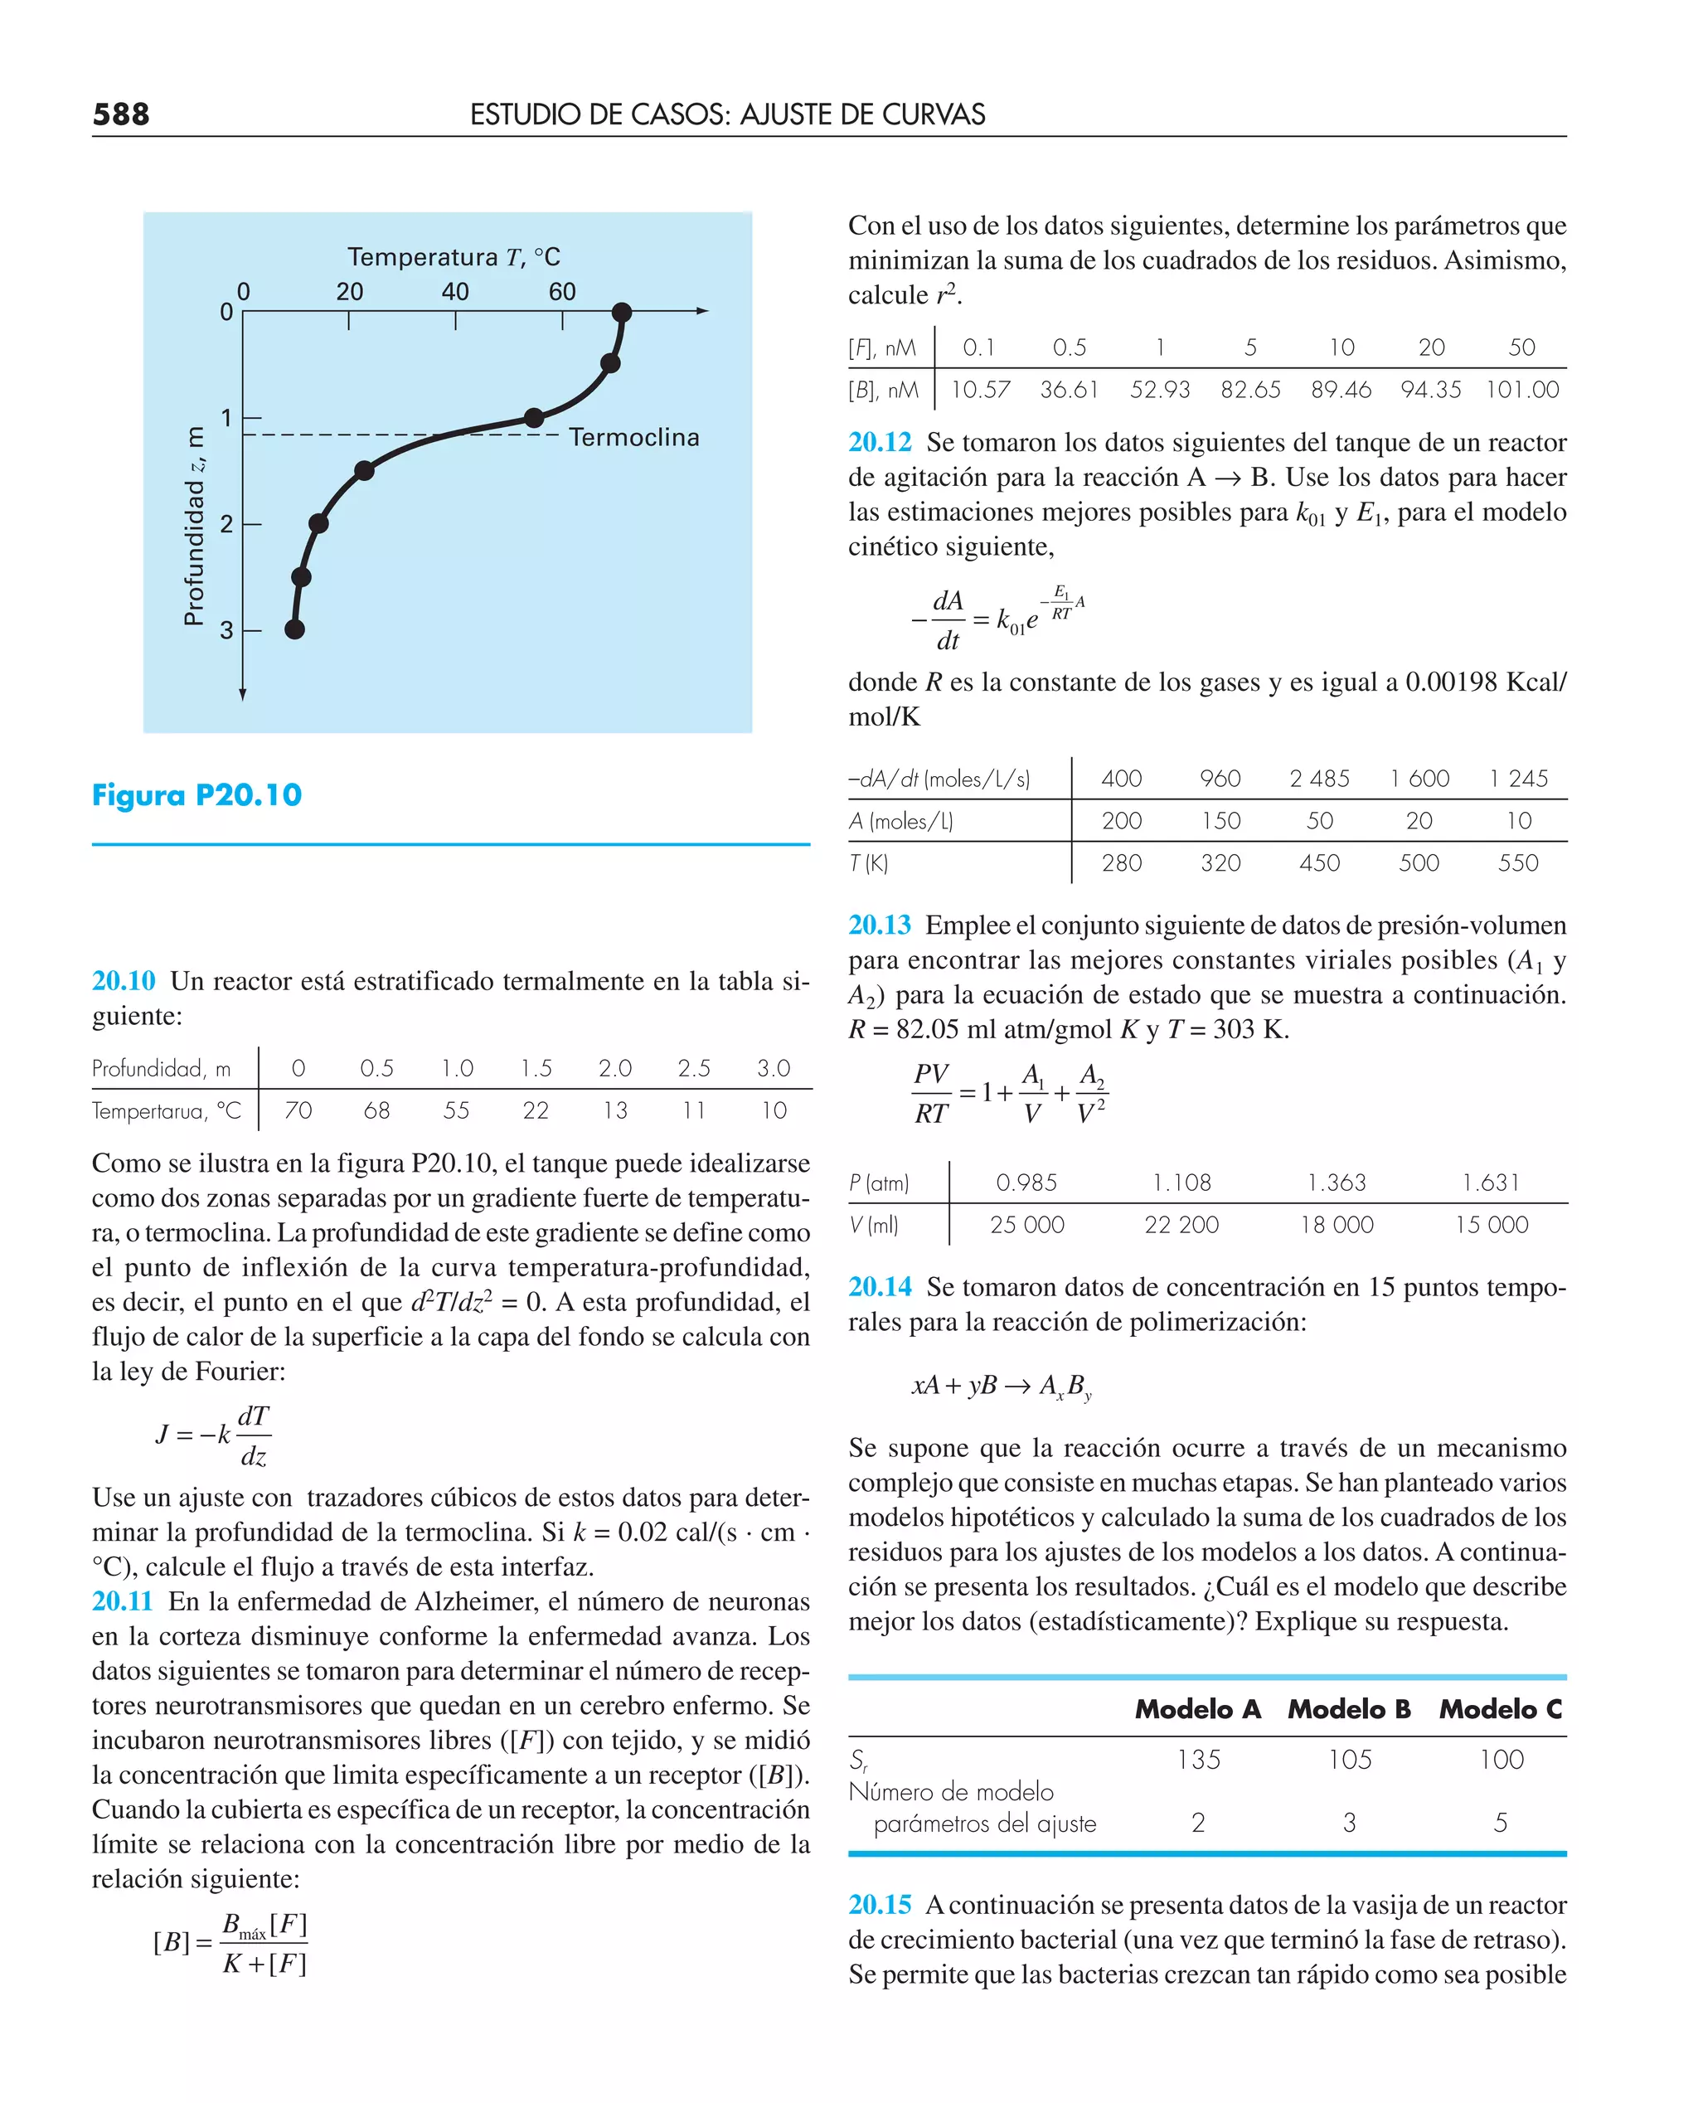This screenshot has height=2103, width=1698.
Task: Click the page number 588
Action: point(120,114)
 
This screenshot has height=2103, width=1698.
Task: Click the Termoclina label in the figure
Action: point(633,437)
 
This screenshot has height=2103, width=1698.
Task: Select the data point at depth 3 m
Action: point(294,629)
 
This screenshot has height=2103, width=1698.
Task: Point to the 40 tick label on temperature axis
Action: point(455,292)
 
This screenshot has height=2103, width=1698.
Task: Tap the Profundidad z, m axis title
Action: point(195,525)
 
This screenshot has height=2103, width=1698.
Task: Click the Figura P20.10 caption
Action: point(196,794)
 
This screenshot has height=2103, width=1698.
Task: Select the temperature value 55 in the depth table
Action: point(456,1110)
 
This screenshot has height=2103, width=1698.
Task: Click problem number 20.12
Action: point(880,442)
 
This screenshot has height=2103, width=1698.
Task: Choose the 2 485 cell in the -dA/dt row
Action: point(1318,779)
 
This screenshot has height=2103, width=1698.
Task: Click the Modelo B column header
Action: point(1349,1709)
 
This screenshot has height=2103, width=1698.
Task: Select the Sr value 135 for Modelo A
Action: point(1198,1760)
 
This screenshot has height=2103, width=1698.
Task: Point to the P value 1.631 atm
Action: point(1491,1183)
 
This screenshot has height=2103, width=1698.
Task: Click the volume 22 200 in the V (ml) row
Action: point(1181,1225)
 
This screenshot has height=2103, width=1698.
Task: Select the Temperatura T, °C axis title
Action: point(454,257)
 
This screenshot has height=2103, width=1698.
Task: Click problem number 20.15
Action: point(880,1905)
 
